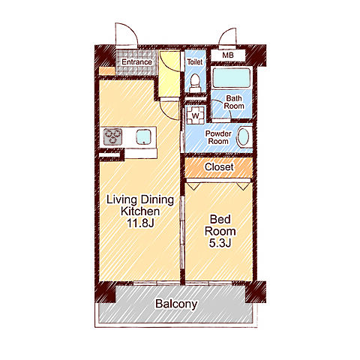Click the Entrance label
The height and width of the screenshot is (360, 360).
[136, 61]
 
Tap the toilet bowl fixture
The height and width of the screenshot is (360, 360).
[195, 82]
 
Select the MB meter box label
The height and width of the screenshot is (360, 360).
[228, 55]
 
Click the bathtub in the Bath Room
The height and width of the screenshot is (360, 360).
[231, 77]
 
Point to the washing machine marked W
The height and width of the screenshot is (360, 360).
[196, 115]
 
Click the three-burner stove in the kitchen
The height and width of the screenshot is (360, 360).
[112, 136]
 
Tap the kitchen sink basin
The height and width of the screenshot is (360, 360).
[144, 137]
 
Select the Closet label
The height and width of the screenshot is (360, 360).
[219, 167]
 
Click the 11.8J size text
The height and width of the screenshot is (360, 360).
[140, 223]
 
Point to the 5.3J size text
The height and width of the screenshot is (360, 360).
[220, 243]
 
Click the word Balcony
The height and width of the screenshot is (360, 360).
[176, 304]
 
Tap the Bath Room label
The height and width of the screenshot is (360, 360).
[234, 102]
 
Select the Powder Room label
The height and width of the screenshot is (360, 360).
[218, 137]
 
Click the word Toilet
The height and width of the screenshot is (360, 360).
[195, 61]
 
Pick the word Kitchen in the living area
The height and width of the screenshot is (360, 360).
[140, 211]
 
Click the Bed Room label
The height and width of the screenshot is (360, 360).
[220, 225]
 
